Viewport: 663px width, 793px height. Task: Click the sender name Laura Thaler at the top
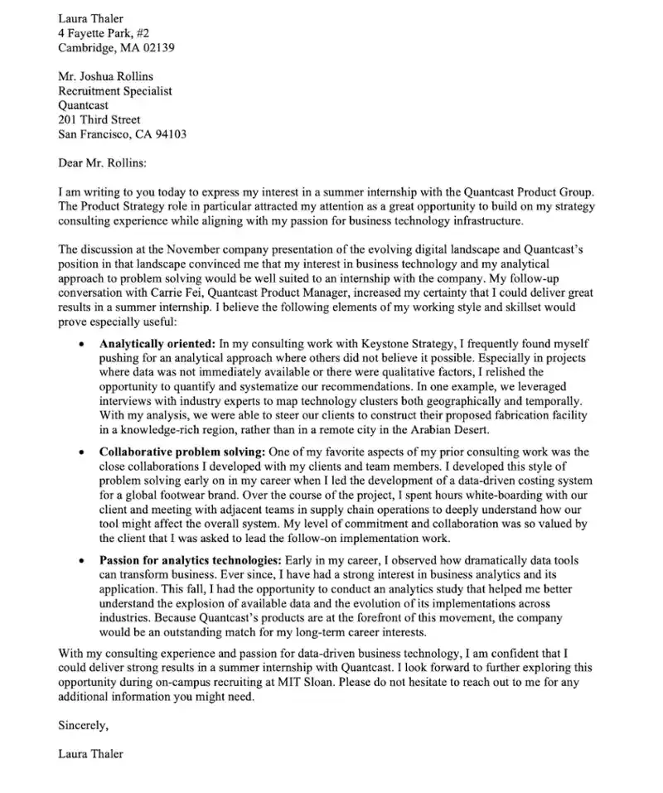pos(91,17)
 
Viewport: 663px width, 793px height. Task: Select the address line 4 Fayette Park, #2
pos(104,32)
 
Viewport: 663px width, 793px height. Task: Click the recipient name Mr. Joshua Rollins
pos(105,76)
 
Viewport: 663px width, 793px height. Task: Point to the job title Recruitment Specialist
pos(115,91)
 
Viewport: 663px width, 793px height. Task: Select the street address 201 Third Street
pos(99,119)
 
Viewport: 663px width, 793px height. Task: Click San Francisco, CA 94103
pos(122,134)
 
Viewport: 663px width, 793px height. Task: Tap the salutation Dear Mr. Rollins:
pos(102,162)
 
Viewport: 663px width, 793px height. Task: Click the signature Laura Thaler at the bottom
pos(91,754)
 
